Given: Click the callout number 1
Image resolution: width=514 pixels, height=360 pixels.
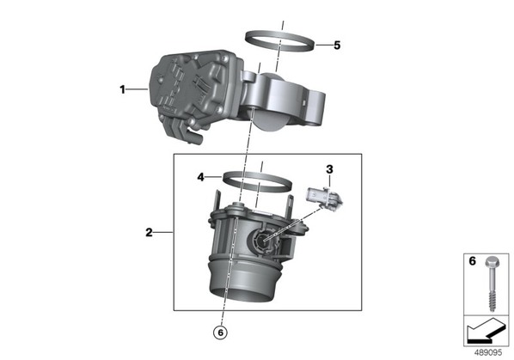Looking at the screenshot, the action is coord(122,89).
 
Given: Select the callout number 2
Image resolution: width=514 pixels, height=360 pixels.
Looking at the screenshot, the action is coord(149,233).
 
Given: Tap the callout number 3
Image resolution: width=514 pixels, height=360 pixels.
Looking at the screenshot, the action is coord(329,169).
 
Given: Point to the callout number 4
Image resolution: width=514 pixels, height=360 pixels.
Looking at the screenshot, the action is coord(200,177).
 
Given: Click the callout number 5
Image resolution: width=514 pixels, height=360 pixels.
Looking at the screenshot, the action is coord(337,46).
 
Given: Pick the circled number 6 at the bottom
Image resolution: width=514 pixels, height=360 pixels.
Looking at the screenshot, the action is coord(220,333).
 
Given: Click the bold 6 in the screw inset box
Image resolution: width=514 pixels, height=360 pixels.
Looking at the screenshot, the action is coord(472,261).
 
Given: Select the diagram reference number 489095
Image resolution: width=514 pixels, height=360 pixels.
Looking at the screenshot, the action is coord(488,352).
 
